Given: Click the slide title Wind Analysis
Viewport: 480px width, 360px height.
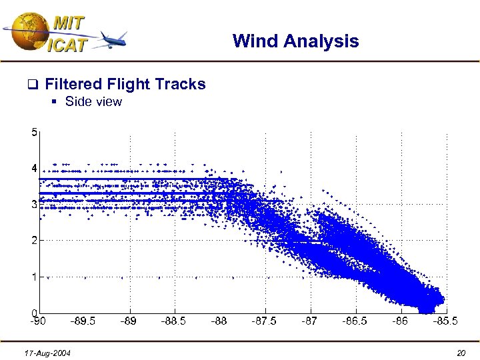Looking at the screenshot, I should click(295, 41).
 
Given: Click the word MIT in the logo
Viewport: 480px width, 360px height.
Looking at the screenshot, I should click(68, 22).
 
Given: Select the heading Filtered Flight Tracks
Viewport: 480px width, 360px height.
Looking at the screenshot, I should click(125, 84).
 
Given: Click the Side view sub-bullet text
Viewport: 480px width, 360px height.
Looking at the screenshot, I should click(93, 102).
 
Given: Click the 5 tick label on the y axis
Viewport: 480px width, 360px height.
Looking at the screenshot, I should click(34, 132).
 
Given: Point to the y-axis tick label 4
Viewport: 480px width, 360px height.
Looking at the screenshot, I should click(34, 169).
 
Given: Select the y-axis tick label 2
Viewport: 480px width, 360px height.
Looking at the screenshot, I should click(34, 241).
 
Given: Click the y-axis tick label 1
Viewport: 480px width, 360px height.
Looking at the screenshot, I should click(34, 277).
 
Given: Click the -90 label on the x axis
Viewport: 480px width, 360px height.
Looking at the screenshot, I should click(39, 321).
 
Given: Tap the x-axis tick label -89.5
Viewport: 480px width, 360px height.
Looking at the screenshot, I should click(83, 321).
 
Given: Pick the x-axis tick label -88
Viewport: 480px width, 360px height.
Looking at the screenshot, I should click(219, 321).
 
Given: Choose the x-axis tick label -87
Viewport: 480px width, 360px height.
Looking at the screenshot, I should click(309, 321).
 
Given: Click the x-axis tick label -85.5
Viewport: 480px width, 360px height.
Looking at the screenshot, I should click(445, 321).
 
